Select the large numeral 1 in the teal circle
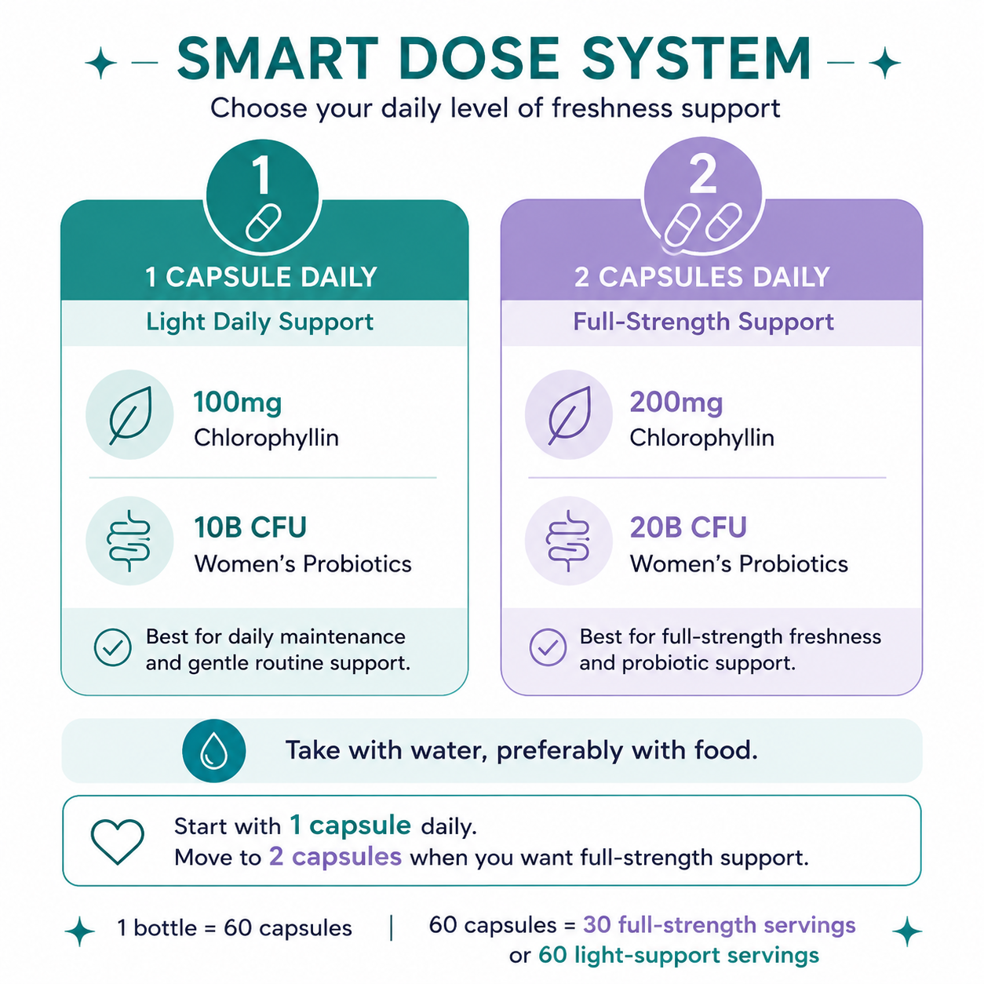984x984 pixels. pos(261,174)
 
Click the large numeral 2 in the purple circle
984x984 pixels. pos(702,174)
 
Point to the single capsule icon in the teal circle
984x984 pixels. pos(263,223)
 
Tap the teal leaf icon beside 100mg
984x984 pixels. pos(131,414)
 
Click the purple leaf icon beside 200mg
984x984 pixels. pos(570,414)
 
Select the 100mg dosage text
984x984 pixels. pos(238,403)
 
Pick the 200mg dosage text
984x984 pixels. pos(676,403)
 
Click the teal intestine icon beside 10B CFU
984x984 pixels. pos(129,540)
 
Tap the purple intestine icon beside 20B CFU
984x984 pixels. pos(568,540)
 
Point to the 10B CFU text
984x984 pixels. pos(250,527)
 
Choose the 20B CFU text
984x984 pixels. pos(688,527)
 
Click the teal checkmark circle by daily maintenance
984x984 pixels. pos(113,647)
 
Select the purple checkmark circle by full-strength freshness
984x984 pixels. pos(548,647)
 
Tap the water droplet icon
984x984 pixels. pos(213,751)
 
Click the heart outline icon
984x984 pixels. pos(118,841)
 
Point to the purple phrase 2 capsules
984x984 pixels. pos(335,856)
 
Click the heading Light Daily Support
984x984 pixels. pos(260,323)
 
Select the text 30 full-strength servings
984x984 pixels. pos(720,925)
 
